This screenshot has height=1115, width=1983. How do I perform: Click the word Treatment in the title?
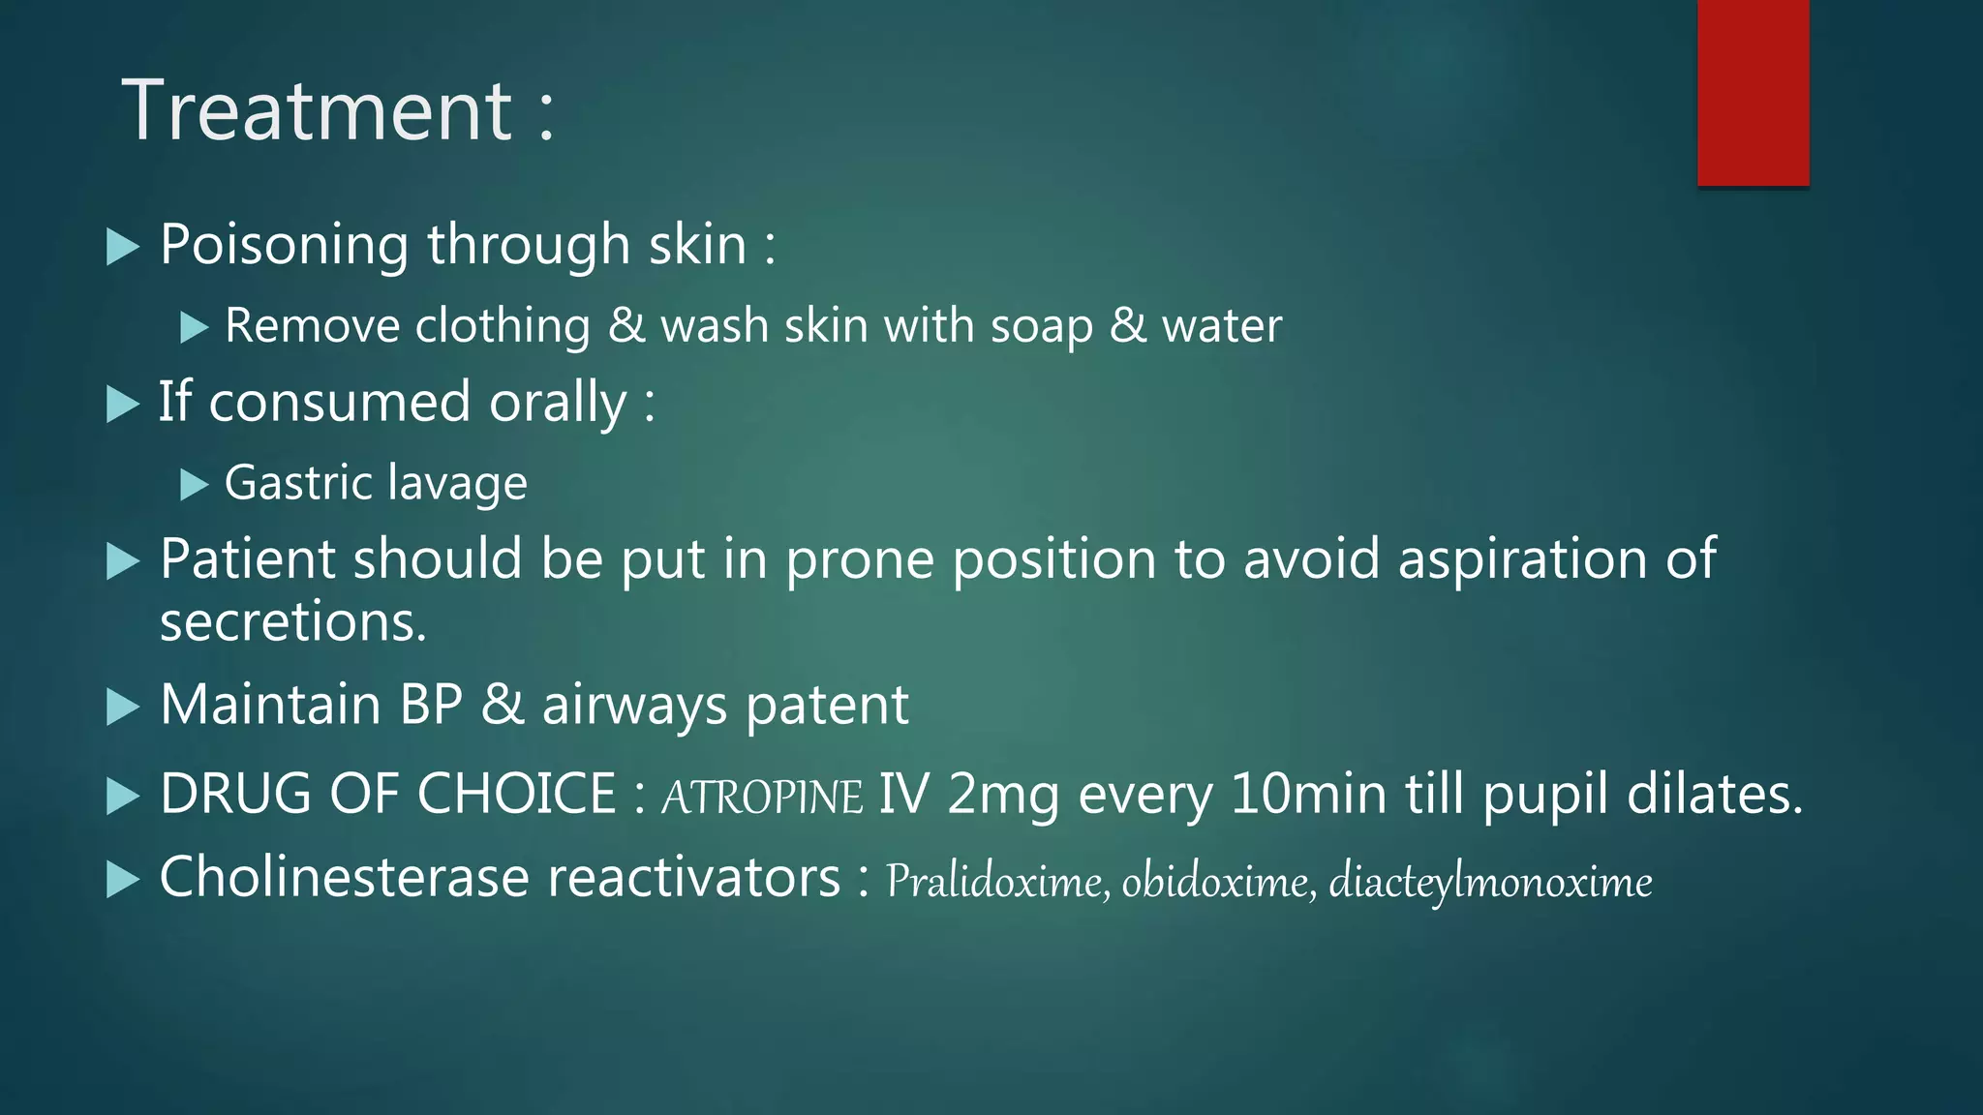click(317, 111)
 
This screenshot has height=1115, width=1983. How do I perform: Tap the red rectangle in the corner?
click(1753, 93)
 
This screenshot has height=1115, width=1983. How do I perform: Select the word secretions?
click(292, 621)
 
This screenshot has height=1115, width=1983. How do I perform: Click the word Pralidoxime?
click(996, 882)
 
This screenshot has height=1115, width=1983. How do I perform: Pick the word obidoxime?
click(1217, 882)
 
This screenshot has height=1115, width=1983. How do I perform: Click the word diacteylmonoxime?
click(1490, 882)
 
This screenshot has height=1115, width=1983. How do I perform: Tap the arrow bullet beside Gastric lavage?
click(195, 484)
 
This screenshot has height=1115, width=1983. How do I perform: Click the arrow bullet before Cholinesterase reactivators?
click(122, 880)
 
